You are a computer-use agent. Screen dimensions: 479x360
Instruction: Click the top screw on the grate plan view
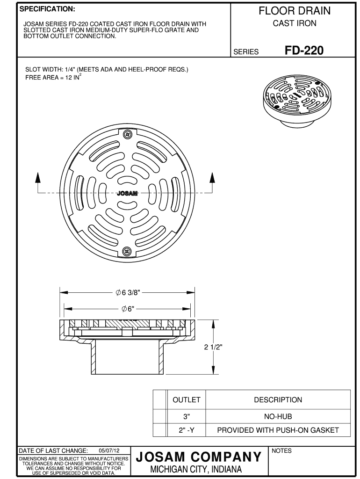(126, 135)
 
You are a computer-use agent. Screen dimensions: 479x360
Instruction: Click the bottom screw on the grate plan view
(126, 252)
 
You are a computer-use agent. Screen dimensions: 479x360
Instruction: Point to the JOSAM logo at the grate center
(126, 193)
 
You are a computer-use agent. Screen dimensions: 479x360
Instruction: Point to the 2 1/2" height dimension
(213, 347)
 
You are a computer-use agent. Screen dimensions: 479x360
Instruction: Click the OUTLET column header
(187, 400)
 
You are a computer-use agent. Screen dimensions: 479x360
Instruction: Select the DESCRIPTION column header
(278, 400)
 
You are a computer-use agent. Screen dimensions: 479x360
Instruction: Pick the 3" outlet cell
(187, 416)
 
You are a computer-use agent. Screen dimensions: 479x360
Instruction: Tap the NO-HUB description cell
(278, 416)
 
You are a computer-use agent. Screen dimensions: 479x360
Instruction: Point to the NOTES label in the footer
(281, 451)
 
